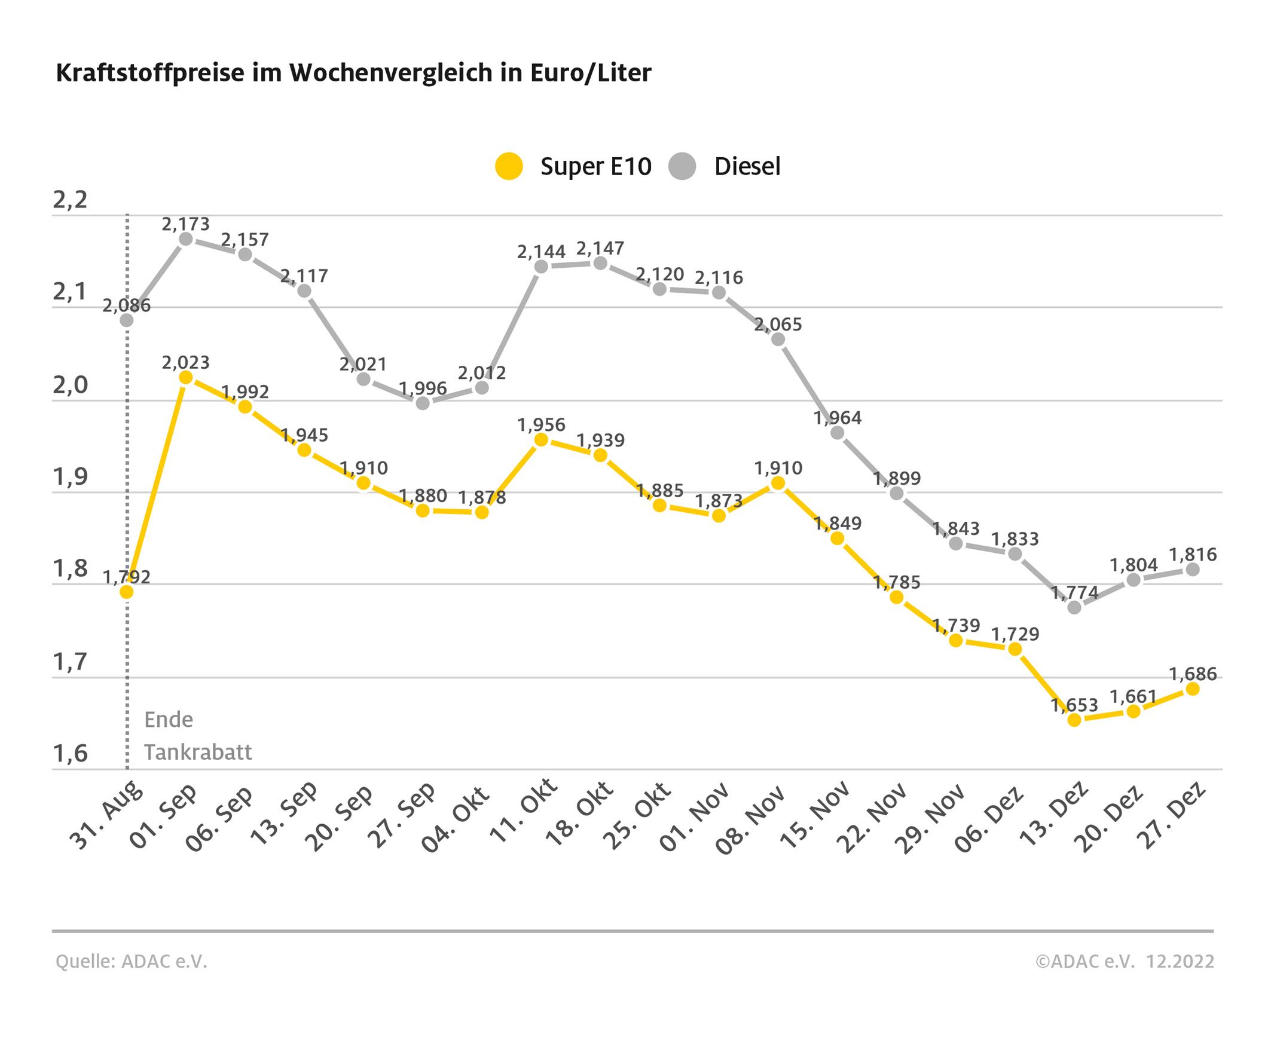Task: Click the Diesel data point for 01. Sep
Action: point(186,239)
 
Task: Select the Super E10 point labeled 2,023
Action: point(186,377)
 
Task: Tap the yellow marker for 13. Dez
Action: point(1074,720)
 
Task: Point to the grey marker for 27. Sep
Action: point(423,403)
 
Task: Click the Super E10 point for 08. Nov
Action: point(778,483)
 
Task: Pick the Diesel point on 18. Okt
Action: point(600,264)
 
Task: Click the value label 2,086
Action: point(126,306)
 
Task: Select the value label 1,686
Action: point(1193,674)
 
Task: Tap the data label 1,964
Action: point(837,418)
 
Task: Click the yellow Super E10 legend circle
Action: point(509,166)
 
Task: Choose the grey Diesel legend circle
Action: point(682,166)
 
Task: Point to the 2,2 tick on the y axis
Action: point(70,200)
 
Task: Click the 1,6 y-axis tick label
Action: point(70,754)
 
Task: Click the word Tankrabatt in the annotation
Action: point(198,752)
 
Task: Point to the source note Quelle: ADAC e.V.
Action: point(132,962)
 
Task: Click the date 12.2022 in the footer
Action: point(1180,962)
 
